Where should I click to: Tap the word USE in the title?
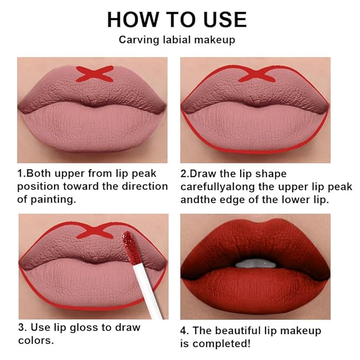(222, 20)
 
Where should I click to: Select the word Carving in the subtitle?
(136, 40)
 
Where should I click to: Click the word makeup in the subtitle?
(217, 40)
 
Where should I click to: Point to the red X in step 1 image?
(94, 73)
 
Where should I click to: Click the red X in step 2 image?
(257, 74)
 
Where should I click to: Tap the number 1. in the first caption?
(21, 174)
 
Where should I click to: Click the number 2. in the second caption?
(185, 174)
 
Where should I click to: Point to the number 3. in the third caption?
(22, 327)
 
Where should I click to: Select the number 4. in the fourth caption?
(185, 330)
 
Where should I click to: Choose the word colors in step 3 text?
(36, 340)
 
